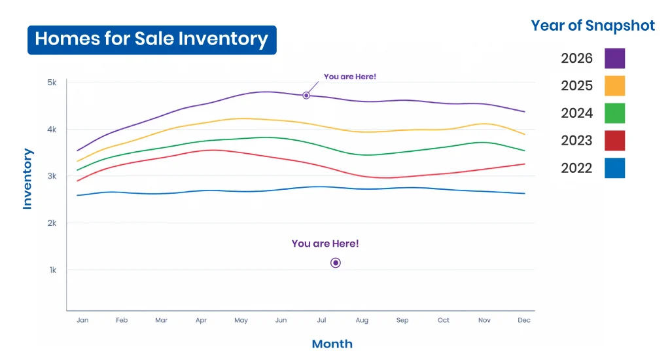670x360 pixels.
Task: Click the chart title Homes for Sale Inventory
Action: (x=152, y=39)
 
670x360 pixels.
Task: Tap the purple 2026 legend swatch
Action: (x=614, y=58)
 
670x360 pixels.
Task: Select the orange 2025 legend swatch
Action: (x=614, y=86)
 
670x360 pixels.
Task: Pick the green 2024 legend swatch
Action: (x=614, y=113)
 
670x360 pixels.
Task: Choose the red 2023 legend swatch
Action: (x=614, y=141)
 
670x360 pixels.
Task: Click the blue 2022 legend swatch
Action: (x=614, y=168)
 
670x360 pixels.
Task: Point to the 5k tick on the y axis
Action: (x=52, y=82)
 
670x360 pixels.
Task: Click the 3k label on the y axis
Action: (x=52, y=176)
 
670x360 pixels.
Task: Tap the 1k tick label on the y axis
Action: (x=52, y=270)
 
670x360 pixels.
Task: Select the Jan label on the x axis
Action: (x=82, y=320)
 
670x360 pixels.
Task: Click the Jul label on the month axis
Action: (x=321, y=320)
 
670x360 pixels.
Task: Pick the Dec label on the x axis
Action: (x=524, y=320)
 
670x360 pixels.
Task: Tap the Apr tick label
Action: (x=201, y=320)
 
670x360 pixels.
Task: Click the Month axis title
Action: (x=332, y=344)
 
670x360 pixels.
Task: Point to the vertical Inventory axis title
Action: (x=27, y=179)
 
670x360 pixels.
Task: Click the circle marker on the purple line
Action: (x=306, y=96)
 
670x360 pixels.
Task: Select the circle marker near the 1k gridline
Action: (x=336, y=263)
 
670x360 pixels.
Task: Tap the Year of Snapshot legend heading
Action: (x=593, y=26)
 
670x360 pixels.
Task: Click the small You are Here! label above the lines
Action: (x=350, y=77)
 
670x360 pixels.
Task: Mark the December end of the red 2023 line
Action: (x=524, y=164)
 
